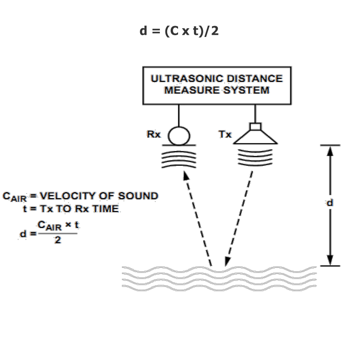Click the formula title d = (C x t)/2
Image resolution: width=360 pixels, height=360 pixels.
(x=179, y=31)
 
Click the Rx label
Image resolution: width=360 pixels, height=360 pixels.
(x=153, y=134)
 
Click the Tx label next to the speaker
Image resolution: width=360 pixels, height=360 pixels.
(x=225, y=134)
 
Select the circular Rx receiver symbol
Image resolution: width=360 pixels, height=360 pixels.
(x=179, y=135)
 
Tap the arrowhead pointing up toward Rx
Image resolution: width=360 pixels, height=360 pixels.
(x=185, y=175)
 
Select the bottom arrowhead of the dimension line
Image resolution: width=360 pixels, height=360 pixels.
(x=330, y=260)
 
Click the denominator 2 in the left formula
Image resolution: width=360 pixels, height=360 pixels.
(x=58, y=240)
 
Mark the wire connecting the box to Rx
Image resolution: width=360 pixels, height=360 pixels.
(x=178, y=115)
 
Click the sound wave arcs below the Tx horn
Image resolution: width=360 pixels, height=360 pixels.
(x=255, y=156)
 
